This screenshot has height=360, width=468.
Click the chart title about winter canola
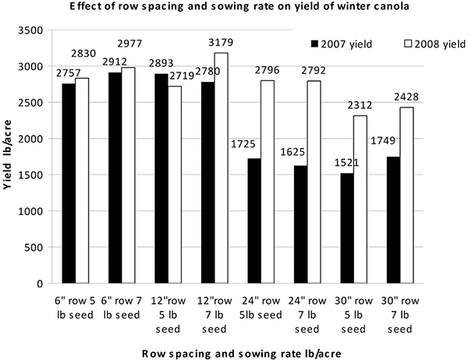[x=239, y=6]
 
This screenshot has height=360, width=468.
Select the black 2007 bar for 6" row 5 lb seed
[x=69, y=183]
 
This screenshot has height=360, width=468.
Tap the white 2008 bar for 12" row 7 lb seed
[x=222, y=168]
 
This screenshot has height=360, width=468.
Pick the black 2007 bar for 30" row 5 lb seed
[x=347, y=228]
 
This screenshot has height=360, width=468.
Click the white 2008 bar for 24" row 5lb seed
[x=268, y=182]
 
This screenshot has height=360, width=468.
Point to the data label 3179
[x=221, y=42]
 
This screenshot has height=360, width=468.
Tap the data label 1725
[x=243, y=144]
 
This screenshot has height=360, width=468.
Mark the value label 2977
[x=129, y=44]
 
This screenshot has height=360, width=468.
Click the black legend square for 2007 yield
[x=314, y=44]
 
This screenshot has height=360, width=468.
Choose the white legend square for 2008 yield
[x=408, y=44]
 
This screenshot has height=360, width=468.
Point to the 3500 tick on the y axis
[x=30, y=30]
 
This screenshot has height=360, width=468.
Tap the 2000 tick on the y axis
[x=30, y=139]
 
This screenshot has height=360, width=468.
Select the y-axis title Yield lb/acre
[x=7, y=154]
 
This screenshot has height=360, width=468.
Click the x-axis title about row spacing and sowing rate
[x=242, y=354]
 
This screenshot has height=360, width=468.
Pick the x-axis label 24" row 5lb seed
[x=261, y=308]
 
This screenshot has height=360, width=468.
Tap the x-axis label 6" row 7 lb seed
[x=122, y=308]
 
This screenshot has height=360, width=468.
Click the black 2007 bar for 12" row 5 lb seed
[x=161, y=178]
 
